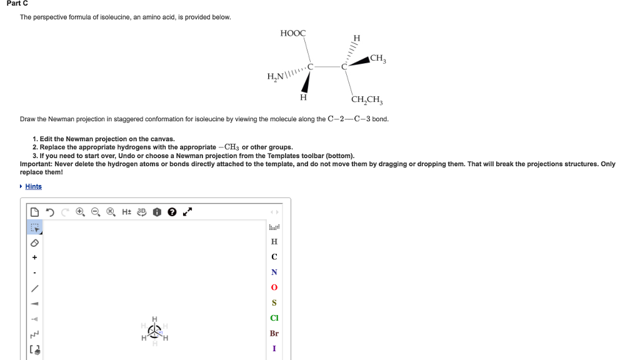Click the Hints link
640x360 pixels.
pos(33,186)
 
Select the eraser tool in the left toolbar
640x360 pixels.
pos(35,242)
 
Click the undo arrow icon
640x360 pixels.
pos(50,212)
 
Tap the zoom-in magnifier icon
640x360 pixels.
pos(81,212)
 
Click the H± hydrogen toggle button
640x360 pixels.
pos(126,212)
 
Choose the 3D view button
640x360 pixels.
pos(142,212)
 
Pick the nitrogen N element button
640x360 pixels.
pos(274,272)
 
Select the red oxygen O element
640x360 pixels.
pos(274,287)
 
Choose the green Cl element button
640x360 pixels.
pos(274,318)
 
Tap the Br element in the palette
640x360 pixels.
pos(274,333)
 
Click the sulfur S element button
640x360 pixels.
pos(274,302)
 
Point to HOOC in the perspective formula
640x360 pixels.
pos(293,33)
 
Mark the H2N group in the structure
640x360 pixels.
pos(276,76)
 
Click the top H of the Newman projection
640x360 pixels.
pos(154,319)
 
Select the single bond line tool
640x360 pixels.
pos(35,287)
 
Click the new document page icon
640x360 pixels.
pos(35,212)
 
